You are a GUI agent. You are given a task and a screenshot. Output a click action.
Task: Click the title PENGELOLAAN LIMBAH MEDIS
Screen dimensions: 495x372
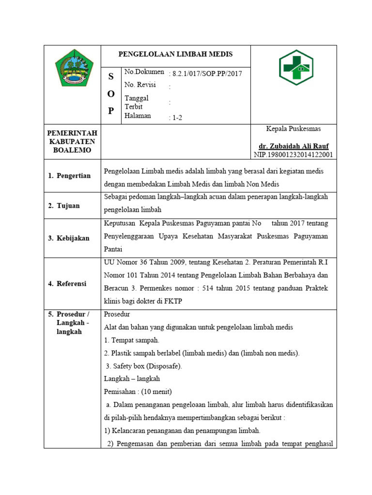tap(175, 54)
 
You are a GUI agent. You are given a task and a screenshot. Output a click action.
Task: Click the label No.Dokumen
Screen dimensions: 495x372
tap(144, 72)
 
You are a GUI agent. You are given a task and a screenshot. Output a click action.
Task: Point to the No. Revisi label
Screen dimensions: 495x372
tap(140, 85)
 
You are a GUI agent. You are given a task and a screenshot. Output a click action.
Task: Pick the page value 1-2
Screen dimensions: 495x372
tap(176, 117)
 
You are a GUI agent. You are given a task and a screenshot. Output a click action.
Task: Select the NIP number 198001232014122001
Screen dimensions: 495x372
tap(293, 155)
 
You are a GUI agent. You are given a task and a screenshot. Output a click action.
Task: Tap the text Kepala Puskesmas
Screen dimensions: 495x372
tap(294, 129)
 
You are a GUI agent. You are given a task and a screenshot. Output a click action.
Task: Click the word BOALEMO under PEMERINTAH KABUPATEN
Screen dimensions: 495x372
tap(72, 150)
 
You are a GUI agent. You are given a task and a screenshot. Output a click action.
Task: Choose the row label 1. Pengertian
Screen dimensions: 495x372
tap(69, 175)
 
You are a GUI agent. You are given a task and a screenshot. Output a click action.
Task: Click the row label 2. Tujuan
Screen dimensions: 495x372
tap(64, 205)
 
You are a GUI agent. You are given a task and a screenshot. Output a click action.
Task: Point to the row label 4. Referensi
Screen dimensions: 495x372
tap(67, 284)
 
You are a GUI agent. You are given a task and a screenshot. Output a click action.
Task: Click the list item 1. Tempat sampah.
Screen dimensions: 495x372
tap(132, 340)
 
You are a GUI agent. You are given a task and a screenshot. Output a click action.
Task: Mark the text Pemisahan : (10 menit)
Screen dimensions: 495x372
tap(138, 392)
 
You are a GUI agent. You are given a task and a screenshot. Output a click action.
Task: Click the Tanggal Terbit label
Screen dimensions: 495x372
tap(137, 102)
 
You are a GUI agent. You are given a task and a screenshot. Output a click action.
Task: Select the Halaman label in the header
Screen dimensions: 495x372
tap(138, 116)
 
